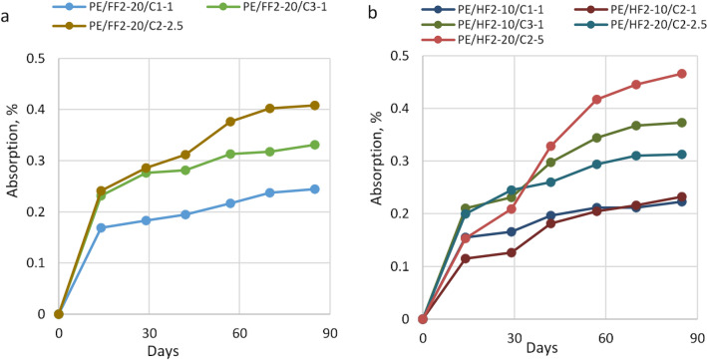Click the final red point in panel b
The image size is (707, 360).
pyautogui.click(x=682, y=74)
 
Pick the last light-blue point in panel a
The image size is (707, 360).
pyautogui.click(x=314, y=188)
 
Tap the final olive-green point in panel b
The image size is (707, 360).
pyautogui.click(x=682, y=123)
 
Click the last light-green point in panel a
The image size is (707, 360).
pyautogui.click(x=314, y=145)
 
